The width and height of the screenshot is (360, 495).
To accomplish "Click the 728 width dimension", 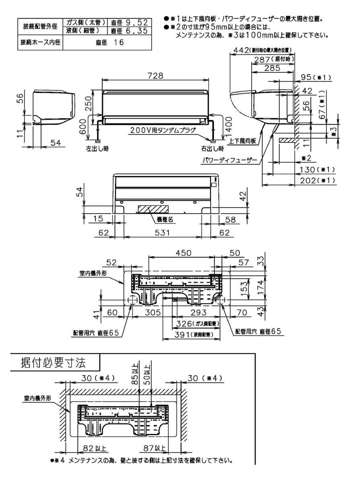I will tap(155, 76).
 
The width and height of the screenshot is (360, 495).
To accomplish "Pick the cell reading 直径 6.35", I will tap(130, 30).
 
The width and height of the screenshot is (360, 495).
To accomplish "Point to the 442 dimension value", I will tap(241, 50).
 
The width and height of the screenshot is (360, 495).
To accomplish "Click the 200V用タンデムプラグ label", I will tap(163, 130).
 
